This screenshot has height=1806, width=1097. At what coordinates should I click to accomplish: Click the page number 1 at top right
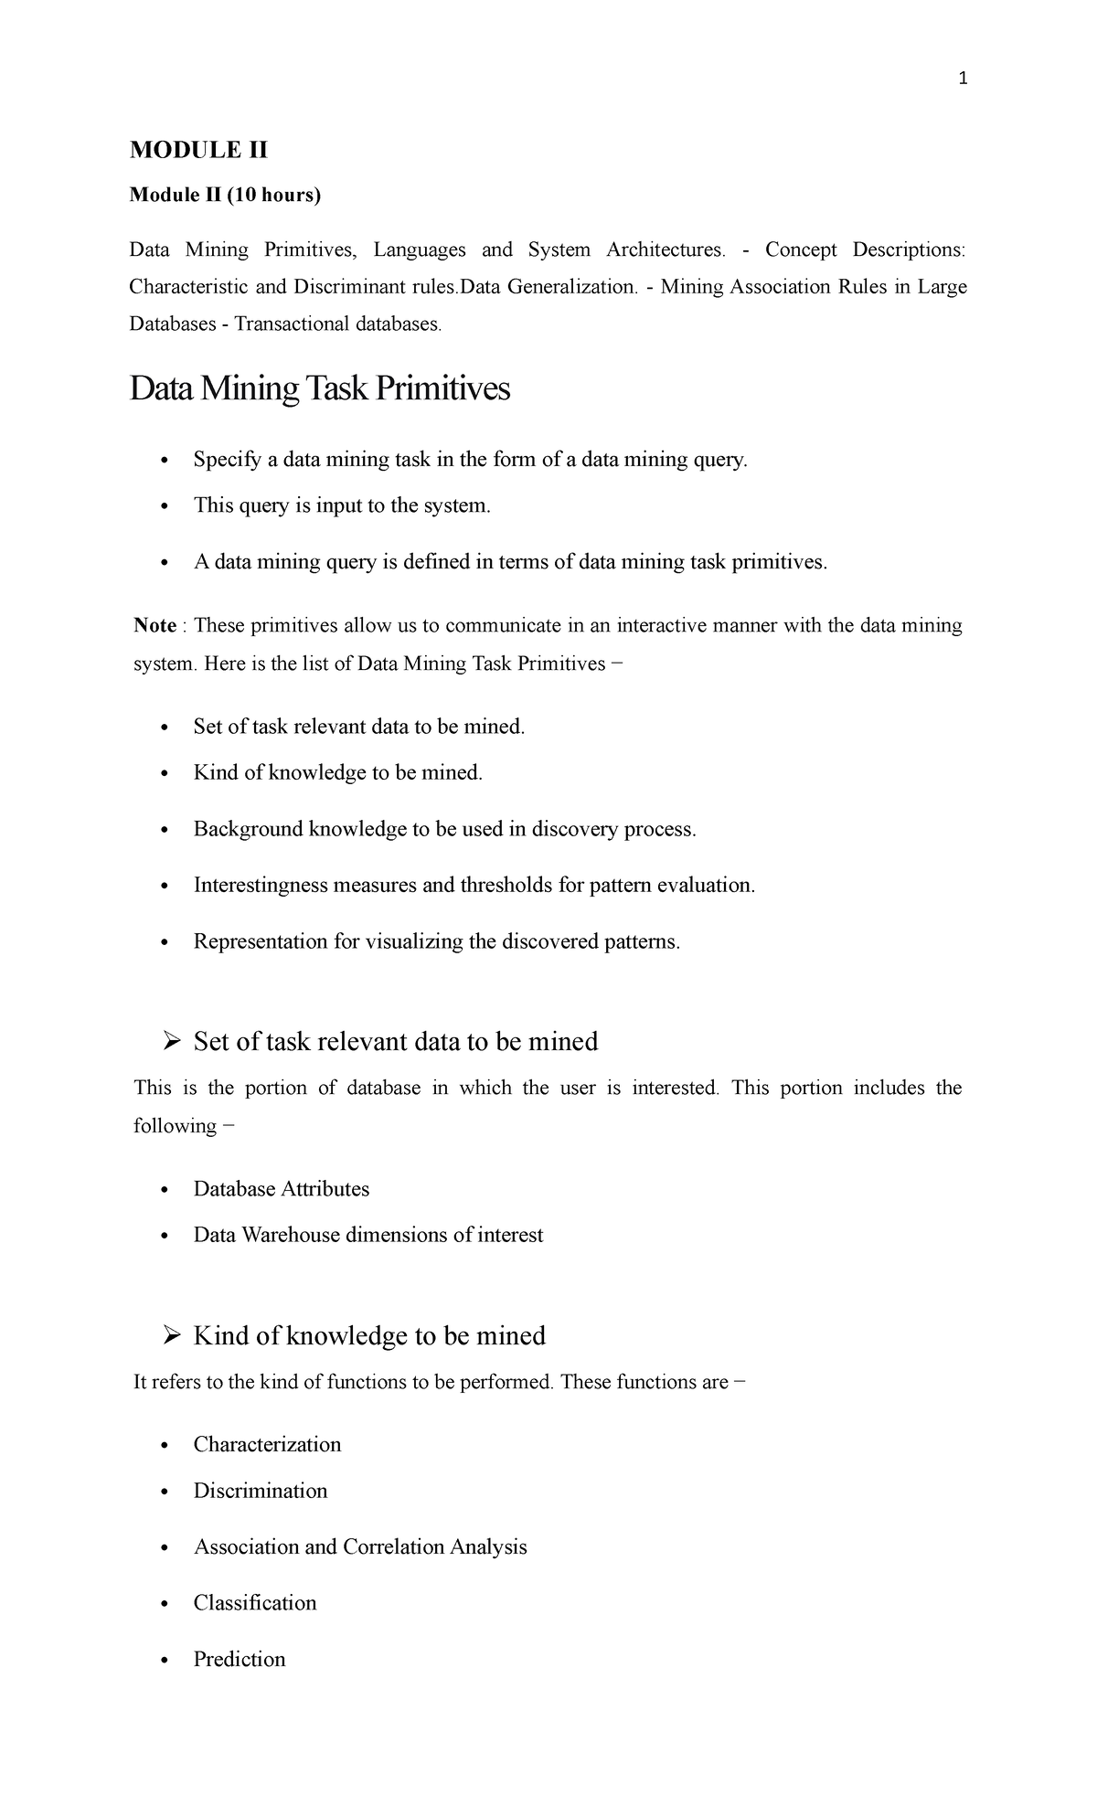click(x=962, y=80)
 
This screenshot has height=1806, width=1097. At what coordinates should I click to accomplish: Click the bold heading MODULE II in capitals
click(x=198, y=150)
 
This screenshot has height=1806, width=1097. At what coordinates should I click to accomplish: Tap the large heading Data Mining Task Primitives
click(x=320, y=389)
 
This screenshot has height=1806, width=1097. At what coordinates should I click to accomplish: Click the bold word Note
click(x=154, y=626)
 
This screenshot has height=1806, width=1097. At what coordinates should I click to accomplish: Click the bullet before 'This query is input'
click(x=165, y=506)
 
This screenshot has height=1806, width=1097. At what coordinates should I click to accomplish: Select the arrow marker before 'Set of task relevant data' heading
click(x=171, y=1041)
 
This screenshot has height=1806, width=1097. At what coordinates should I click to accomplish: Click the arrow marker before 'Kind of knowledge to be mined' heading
click(x=171, y=1335)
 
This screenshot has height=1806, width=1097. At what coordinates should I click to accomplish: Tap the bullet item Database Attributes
click(x=282, y=1189)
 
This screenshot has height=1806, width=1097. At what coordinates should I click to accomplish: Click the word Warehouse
click(x=290, y=1236)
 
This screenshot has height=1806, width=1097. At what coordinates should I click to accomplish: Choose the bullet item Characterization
click(x=267, y=1444)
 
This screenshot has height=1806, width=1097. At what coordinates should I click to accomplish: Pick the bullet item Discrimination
click(x=261, y=1491)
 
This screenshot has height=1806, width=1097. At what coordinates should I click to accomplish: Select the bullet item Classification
click(x=255, y=1602)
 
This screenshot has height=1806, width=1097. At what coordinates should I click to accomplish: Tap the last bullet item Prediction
click(x=240, y=1659)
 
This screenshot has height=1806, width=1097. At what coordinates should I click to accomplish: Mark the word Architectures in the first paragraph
click(x=666, y=250)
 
